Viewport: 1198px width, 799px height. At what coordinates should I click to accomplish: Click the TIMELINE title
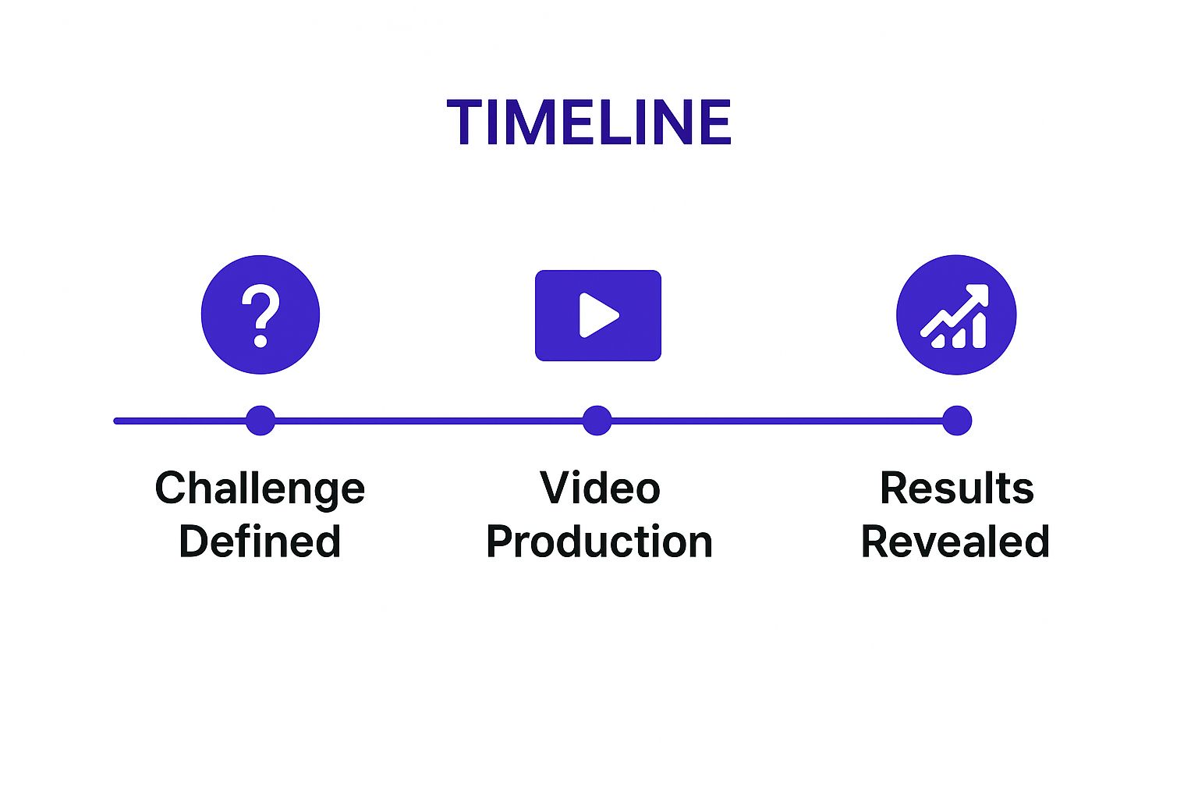point(589,123)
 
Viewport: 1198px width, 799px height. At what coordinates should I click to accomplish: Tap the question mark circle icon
point(261,314)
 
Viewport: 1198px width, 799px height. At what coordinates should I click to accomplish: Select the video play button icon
point(598,315)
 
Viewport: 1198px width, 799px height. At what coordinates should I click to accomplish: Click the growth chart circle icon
point(956,314)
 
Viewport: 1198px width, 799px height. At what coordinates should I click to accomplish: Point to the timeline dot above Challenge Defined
point(261,421)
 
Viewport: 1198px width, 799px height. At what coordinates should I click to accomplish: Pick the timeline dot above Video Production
point(597,421)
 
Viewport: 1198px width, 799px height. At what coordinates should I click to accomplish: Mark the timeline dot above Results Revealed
point(957,421)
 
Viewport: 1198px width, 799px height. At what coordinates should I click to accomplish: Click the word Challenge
point(260,489)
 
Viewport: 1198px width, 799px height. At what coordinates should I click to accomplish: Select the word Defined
point(260,542)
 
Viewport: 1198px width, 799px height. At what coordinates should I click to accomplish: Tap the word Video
point(600,488)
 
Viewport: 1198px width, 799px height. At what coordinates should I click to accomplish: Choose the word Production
point(599,542)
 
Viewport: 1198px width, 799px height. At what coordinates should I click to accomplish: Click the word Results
point(956,488)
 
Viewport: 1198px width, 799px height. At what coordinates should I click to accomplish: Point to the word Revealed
point(955,542)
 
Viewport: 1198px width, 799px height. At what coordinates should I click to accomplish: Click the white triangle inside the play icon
point(597,315)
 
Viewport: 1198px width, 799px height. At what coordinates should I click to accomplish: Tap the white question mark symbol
point(261,314)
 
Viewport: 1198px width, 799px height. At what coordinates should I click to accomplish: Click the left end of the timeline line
point(117,421)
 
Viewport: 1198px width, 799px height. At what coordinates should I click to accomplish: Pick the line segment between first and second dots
point(429,421)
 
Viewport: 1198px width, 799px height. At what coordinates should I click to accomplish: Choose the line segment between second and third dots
point(777,421)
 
